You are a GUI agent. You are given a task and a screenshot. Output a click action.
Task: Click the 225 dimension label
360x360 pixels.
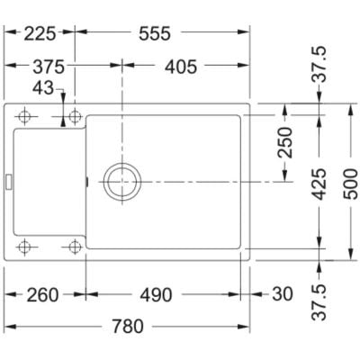point(40,33)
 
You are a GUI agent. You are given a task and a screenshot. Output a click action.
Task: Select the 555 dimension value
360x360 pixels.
point(155,33)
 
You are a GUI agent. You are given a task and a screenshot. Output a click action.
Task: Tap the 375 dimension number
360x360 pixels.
point(49,67)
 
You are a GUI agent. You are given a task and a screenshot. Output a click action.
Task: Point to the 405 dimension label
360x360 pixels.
point(181,67)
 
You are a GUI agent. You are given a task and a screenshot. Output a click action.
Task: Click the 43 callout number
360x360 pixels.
point(43,88)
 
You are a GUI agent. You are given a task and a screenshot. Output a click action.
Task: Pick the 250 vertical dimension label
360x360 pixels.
point(285,142)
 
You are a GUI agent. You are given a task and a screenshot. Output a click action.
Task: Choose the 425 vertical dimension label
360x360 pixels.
point(319,184)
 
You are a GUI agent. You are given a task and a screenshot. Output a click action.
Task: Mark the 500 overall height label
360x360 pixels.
point(351,184)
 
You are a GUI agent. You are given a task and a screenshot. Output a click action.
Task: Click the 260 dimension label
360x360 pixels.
point(42,295)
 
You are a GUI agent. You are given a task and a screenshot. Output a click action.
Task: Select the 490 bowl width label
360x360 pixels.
point(156,295)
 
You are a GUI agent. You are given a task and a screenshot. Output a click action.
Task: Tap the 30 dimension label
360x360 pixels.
point(282,294)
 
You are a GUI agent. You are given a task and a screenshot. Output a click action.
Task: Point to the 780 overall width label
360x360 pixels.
point(128,327)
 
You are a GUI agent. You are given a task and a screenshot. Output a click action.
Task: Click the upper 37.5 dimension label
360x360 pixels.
point(319,64)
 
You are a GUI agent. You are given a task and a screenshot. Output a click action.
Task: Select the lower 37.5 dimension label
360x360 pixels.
point(319,302)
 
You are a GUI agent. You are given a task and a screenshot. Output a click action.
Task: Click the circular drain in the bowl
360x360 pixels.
point(122,182)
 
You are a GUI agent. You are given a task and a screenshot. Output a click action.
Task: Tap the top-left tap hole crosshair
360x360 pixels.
point(24,116)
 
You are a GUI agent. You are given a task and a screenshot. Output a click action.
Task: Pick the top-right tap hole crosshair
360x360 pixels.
point(75,116)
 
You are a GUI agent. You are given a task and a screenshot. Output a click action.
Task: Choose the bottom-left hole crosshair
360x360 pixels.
point(24,247)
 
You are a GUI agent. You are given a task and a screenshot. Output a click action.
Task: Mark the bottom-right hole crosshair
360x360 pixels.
point(75,247)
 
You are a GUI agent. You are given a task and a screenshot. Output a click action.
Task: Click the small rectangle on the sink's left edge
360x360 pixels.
point(9,182)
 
